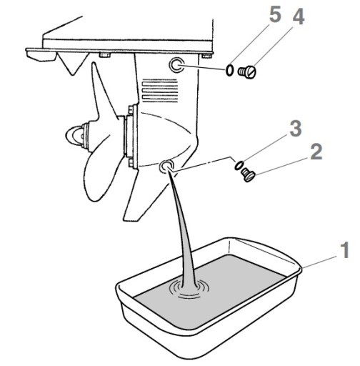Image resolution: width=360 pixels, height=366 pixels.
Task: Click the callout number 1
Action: click(344, 250)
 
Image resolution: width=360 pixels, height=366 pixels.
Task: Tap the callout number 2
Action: click(316, 152)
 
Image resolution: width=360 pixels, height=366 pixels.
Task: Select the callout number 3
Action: click(296, 128)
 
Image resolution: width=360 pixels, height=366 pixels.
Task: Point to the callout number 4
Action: click(298, 16)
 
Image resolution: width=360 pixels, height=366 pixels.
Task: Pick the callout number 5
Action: click(275, 15)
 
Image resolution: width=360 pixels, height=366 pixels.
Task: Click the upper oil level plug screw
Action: click(247, 71)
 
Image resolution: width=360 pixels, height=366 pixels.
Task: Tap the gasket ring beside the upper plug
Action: click(229, 71)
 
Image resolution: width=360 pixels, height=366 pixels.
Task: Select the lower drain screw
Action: click(249, 174)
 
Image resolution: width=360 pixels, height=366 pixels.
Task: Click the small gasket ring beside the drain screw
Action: click(239, 165)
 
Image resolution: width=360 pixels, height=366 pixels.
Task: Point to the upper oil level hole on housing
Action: click(176, 65)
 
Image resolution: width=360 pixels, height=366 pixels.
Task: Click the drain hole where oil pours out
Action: click(166, 166)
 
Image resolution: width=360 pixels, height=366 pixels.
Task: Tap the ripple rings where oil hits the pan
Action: click(189, 289)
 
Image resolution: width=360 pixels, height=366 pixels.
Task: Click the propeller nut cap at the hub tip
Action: click(73, 136)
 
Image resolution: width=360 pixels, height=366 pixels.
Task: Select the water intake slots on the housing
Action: click(160, 91)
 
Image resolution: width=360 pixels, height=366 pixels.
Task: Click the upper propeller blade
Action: click(104, 93)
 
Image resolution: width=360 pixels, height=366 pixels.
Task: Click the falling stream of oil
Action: click(184, 227)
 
